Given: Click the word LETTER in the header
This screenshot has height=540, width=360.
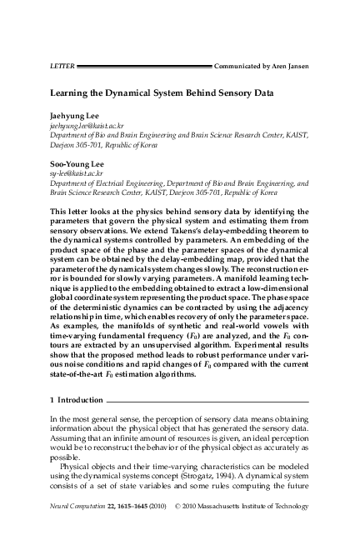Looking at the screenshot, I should click(62, 64).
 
